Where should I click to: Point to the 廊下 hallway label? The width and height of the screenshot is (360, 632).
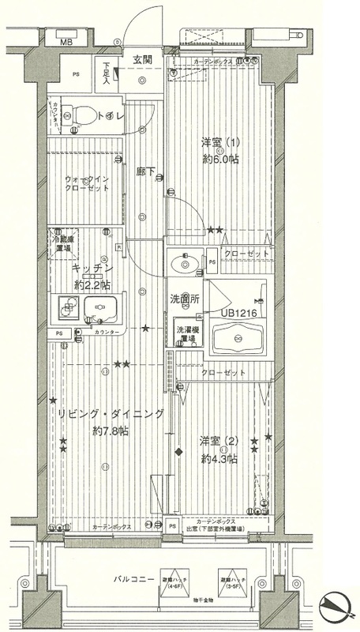coord(143,168)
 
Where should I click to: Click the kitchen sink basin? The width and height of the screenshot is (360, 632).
coord(103,309)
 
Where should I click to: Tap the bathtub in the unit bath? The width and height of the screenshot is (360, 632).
coord(234,340)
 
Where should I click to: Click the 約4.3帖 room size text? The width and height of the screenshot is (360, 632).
coord(219,457)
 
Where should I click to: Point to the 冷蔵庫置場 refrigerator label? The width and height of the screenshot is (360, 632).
coord(64,243)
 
